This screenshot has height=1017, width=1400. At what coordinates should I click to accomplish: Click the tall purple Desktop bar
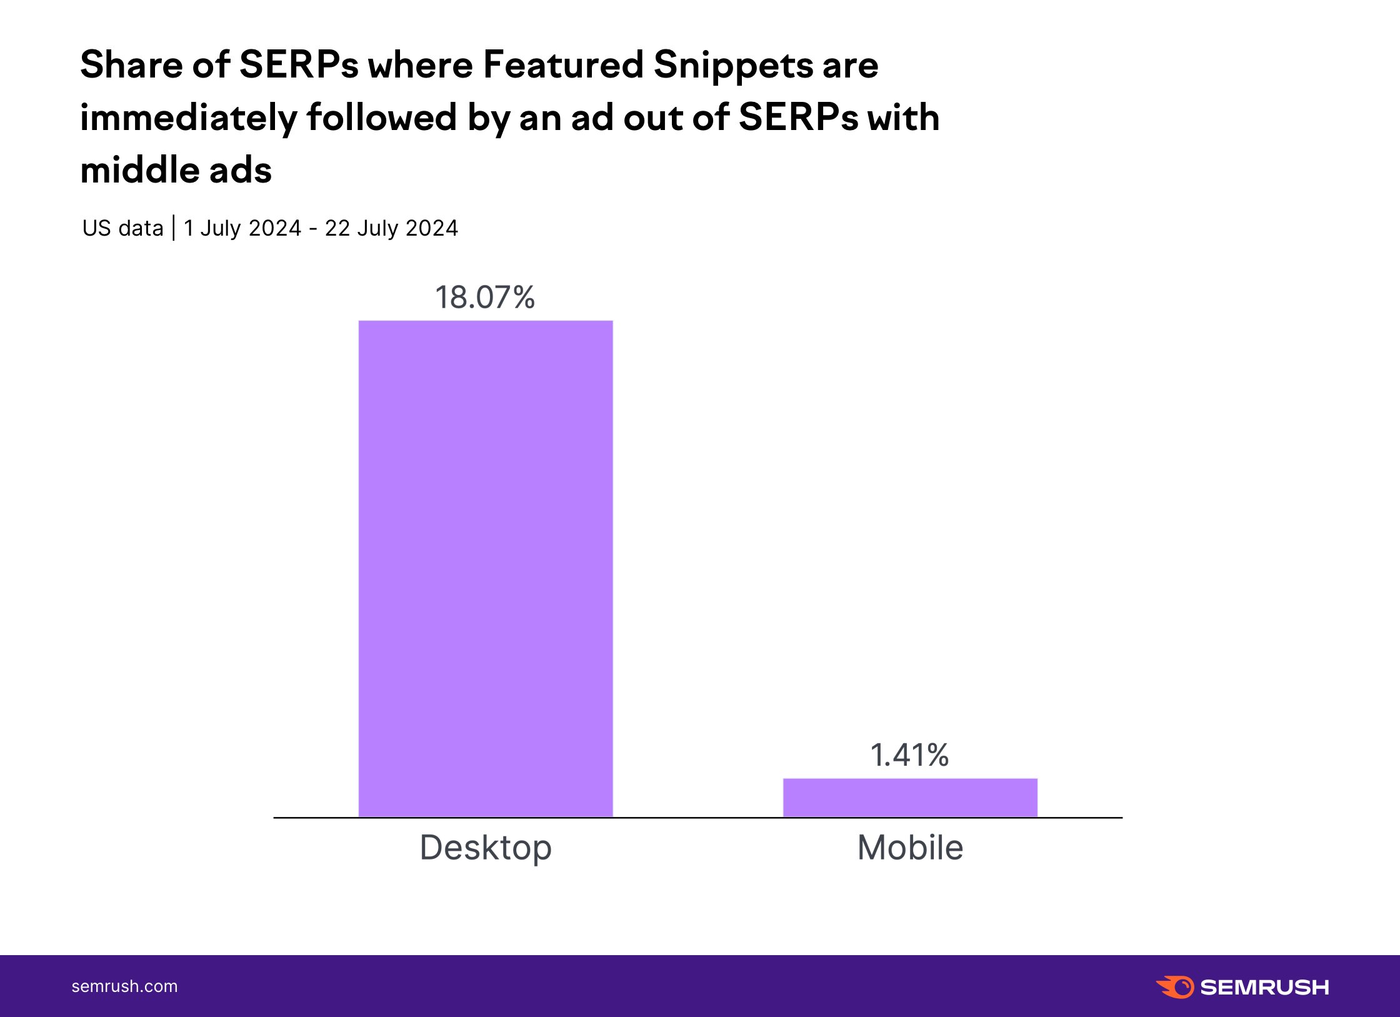485,569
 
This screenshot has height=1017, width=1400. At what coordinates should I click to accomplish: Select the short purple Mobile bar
910,798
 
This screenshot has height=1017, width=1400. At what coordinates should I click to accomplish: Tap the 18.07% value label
485,298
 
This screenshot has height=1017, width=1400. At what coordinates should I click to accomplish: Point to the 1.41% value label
910,755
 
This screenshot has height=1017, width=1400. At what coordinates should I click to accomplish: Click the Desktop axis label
486,848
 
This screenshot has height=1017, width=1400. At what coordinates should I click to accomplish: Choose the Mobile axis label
910,848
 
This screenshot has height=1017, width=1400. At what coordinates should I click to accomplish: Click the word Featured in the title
563,65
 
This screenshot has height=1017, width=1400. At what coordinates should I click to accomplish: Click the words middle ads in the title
176,171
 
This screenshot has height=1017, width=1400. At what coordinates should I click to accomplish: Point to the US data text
123,228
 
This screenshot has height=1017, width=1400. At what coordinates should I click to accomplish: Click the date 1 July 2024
242,228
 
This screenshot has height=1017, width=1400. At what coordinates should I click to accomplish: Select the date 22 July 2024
391,228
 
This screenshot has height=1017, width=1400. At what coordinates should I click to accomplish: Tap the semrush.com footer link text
124,986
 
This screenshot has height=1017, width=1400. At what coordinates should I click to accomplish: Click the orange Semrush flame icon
1175,987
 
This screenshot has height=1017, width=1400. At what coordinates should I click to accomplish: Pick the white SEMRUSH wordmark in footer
1264,988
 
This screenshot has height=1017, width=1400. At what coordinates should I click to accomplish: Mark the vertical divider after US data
174,228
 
